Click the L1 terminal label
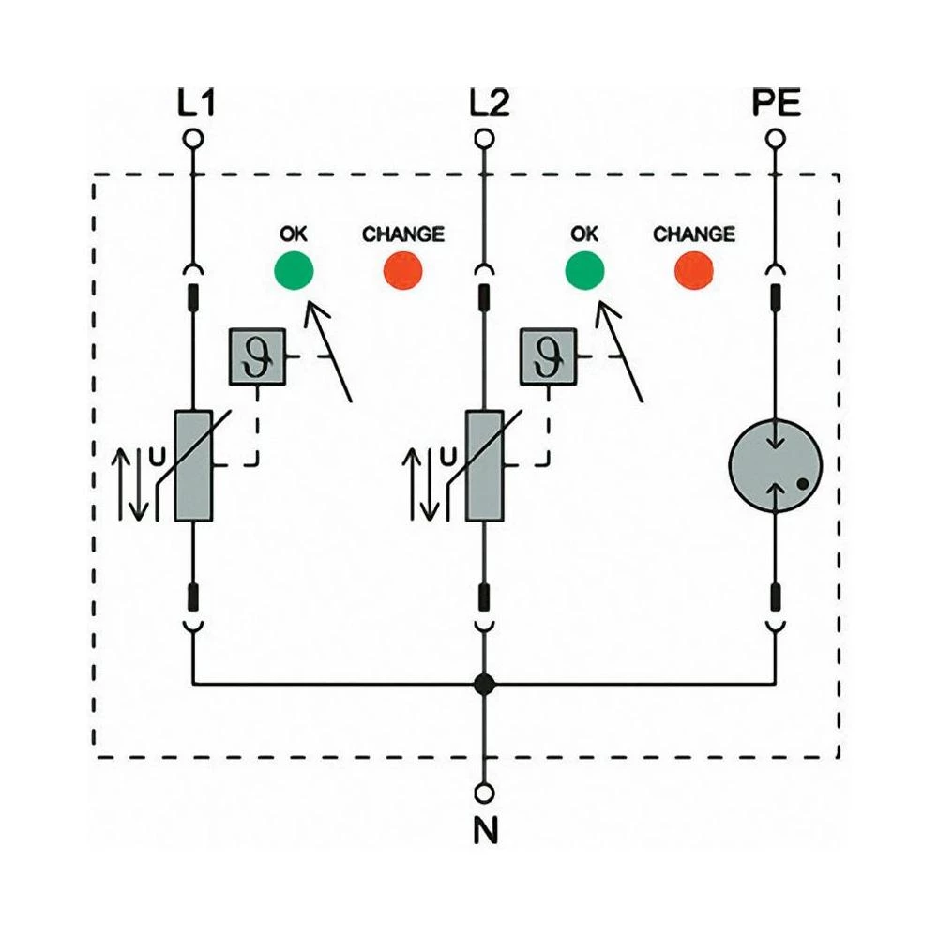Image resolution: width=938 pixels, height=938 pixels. tap(196, 103)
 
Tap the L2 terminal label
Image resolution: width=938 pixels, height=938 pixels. tap(487, 103)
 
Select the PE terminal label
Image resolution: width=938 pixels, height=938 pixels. tap(777, 103)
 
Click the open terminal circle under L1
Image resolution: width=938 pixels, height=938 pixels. tap(193, 139)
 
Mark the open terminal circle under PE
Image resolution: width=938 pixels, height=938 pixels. tap(776, 139)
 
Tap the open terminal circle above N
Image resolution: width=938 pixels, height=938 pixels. tap(484, 794)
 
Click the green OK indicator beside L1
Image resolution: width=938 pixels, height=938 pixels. tap(294, 270)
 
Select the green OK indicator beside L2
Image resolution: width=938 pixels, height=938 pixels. tap(584, 270)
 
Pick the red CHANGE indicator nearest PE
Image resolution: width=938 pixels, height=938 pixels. tap(694, 270)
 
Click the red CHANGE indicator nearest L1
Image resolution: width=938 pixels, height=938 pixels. tap(403, 270)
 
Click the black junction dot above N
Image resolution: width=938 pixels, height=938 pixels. tap(484, 684)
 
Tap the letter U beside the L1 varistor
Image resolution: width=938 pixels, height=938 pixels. tap(158, 457)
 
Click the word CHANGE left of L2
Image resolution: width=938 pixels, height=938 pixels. tap(403, 233)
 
